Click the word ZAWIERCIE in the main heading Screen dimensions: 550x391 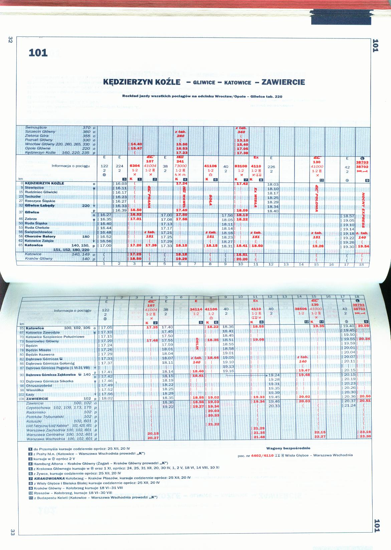click(x=283, y=82)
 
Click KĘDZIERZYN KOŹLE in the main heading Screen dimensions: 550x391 click(x=142, y=82)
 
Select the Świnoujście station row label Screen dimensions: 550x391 click(x=36, y=127)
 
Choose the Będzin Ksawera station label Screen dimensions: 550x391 click(x=40, y=354)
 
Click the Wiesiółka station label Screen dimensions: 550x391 click(x=35, y=390)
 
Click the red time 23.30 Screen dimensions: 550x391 click(x=365, y=436)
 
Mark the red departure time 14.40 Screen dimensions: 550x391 click(x=136, y=144)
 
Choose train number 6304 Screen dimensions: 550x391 click(x=135, y=166)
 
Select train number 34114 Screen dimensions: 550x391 click(x=196, y=310)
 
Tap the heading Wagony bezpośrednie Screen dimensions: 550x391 click(x=288, y=448)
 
